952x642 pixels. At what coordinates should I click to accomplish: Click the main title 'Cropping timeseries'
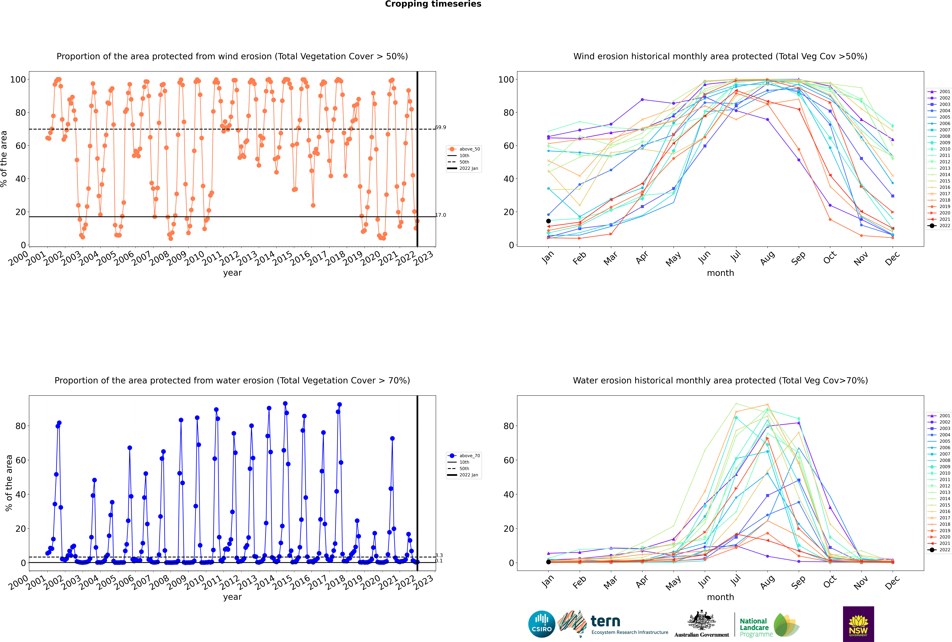coord(433,4)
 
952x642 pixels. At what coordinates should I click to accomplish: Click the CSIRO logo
coord(541,624)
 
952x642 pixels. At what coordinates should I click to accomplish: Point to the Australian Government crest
coord(702,620)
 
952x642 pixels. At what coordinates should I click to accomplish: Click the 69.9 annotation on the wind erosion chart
coord(441,127)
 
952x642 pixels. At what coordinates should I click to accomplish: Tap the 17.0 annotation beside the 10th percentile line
coord(441,215)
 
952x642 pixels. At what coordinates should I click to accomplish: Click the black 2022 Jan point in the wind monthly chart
coord(548,221)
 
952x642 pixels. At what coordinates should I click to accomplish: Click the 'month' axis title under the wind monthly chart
coord(720,273)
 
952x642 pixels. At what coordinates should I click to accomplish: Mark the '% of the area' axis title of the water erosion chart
coord(9,483)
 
